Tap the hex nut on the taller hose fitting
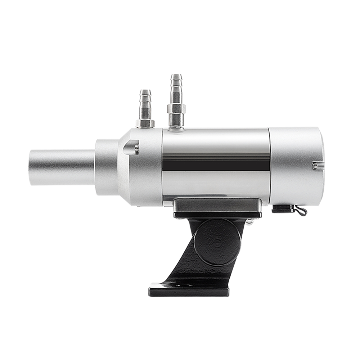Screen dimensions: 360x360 [x=176, y=108]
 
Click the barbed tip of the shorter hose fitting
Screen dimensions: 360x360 [x=145, y=95]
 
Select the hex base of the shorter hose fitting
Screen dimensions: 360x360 [x=145, y=123]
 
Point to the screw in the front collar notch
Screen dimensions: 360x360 [x=136, y=147]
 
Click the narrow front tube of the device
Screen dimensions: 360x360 [x=61, y=167]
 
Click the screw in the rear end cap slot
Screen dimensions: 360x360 [x=315, y=166]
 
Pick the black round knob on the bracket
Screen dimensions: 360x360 [x=217, y=242]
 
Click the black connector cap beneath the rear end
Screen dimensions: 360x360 [x=282, y=209]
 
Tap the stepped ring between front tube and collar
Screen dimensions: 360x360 [x=106, y=167]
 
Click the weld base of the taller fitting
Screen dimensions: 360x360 [x=176, y=127]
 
